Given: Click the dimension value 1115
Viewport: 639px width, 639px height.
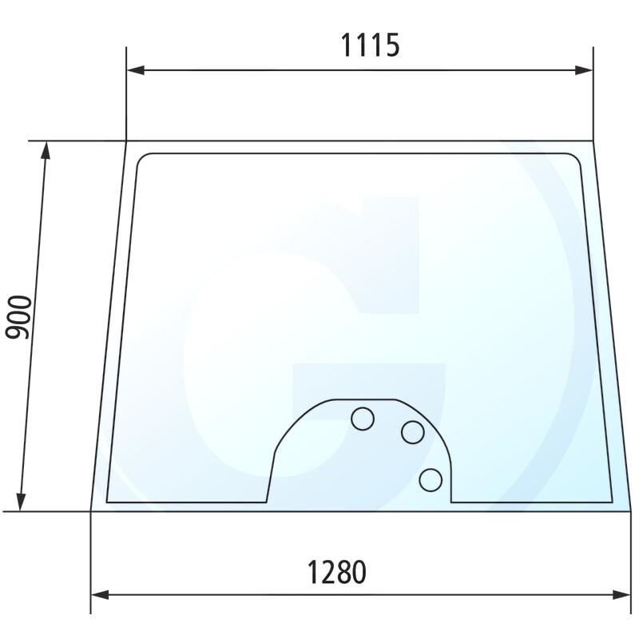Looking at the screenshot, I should coord(370,46).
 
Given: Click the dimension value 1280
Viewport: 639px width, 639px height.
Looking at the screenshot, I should coord(336,572).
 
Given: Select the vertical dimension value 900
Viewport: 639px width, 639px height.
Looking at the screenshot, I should coord(20,316).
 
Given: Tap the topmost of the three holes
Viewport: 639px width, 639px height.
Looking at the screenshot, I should coord(363,418).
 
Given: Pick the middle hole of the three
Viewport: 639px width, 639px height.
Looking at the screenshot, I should coord(412,432).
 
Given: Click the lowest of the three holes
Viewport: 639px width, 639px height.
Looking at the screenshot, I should coord(431,480).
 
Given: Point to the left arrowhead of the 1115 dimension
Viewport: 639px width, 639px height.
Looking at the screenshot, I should coord(133,70).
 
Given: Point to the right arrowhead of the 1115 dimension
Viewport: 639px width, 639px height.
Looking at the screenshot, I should coord(587,70).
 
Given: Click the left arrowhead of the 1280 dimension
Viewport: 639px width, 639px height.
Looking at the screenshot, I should coord(97,594).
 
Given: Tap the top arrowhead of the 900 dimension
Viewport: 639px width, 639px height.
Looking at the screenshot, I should coord(46,148).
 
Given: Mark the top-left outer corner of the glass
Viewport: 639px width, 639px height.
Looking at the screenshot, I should coord(127,141).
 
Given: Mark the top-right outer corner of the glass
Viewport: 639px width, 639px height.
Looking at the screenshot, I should coord(593,141).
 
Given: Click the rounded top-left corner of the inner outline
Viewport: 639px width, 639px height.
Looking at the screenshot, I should coord(142,157).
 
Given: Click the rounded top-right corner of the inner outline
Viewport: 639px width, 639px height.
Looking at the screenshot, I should coord(577,157).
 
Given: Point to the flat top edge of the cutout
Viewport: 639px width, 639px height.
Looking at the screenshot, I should coord(363,399).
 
